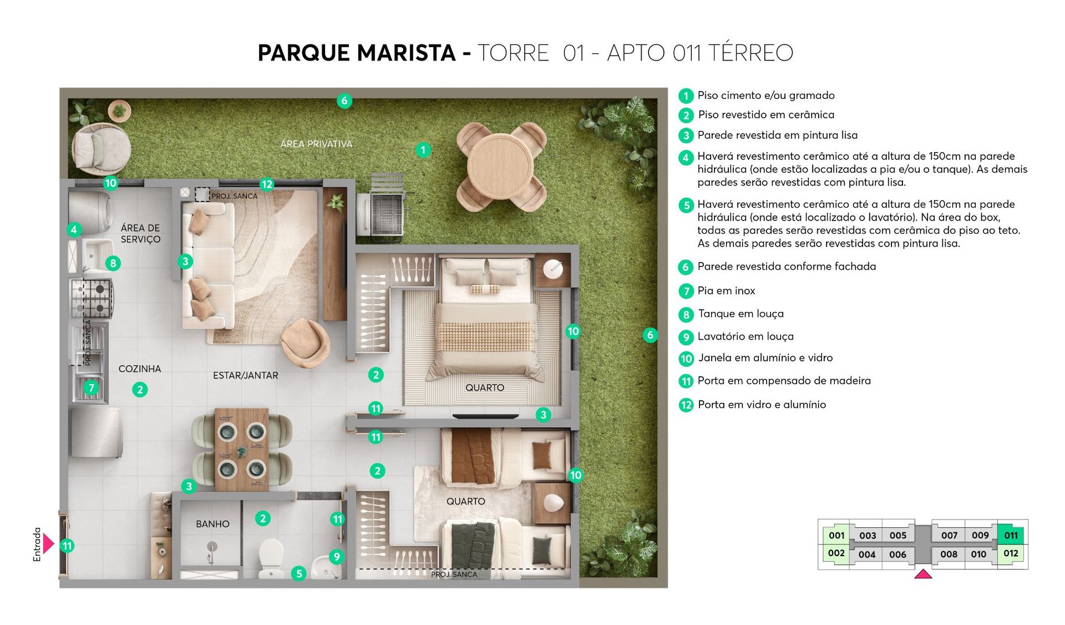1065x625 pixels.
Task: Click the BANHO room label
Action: coord(212,524)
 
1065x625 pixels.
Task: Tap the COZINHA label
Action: coord(139,369)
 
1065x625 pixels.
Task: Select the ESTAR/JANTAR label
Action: coord(245,376)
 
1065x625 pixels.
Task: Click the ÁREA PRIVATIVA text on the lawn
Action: coord(316,144)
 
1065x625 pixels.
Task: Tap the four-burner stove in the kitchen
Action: coord(91,298)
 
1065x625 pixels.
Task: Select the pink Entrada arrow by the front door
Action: coord(49,544)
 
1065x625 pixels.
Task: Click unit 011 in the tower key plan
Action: coord(1011,535)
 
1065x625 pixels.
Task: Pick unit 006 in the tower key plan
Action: coord(897,554)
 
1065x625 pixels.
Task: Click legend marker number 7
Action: coord(686,291)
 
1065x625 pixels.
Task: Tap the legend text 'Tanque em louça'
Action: coord(740,314)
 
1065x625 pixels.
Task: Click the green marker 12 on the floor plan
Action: coord(267,185)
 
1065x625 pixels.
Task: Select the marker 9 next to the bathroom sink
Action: coord(336,557)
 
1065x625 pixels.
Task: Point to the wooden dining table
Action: coord(241,449)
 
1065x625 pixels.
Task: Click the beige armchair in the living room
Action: coord(305,343)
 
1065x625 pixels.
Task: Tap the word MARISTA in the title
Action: coord(406,53)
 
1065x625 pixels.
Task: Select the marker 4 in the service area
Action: coord(73,230)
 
